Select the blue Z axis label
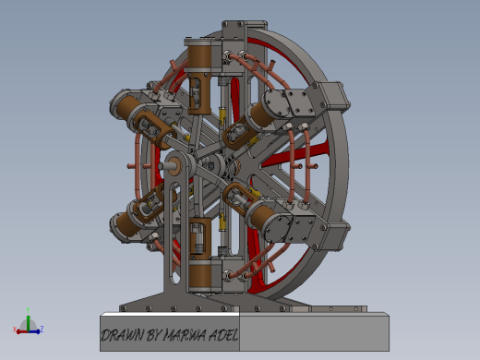pyautogui.click(x=42, y=328)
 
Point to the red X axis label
pyautogui.click(x=16, y=330)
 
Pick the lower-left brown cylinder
pyautogui.click(x=126, y=223)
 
